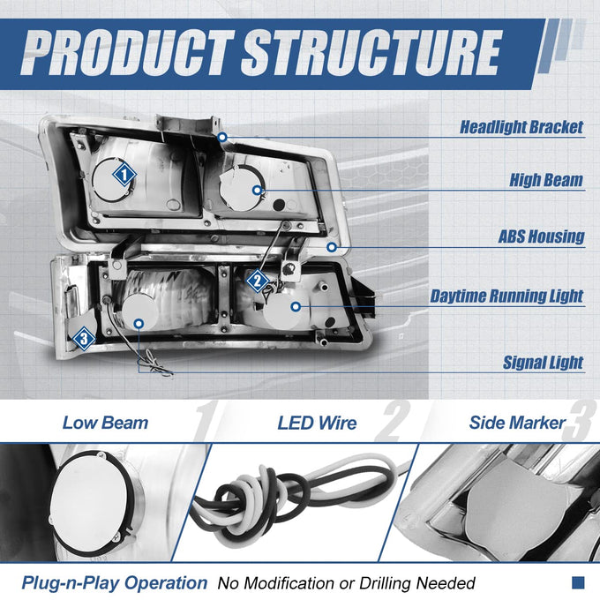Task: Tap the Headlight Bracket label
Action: pyautogui.click(x=521, y=127)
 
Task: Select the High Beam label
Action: pyautogui.click(x=546, y=180)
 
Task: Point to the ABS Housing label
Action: pyautogui.click(x=542, y=236)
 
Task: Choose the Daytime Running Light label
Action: pyautogui.click(x=506, y=296)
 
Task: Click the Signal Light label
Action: pyautogui.click(x=543, y=363)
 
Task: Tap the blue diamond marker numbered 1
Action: pyautogui.click(x=124, y=175)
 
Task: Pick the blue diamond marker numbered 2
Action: pyautogui.click(x=257, y=281)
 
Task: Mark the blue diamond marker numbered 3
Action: pyautogui.click(x=84, y=338)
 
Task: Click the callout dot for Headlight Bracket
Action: pyautogui.click(x=222, y=137)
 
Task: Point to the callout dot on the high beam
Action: pyautogui.click(x=258, y=190)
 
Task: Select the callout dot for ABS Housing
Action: pyautogui.click(x=332, y=247)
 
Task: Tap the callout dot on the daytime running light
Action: pyautogui.click(x=296, y=306)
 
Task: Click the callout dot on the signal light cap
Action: pyautogui.click(x=139, y=324)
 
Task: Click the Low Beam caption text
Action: pyautogui.click(x=105, y=423)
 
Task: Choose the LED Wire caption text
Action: pyautogui.click(x=317, y=424)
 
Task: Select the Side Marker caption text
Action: pyautogui.click(x=517, y=423)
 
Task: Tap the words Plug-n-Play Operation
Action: pyautogui.click(x=115, y=583)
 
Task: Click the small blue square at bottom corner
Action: pyautogui.click(x=578, y=582)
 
